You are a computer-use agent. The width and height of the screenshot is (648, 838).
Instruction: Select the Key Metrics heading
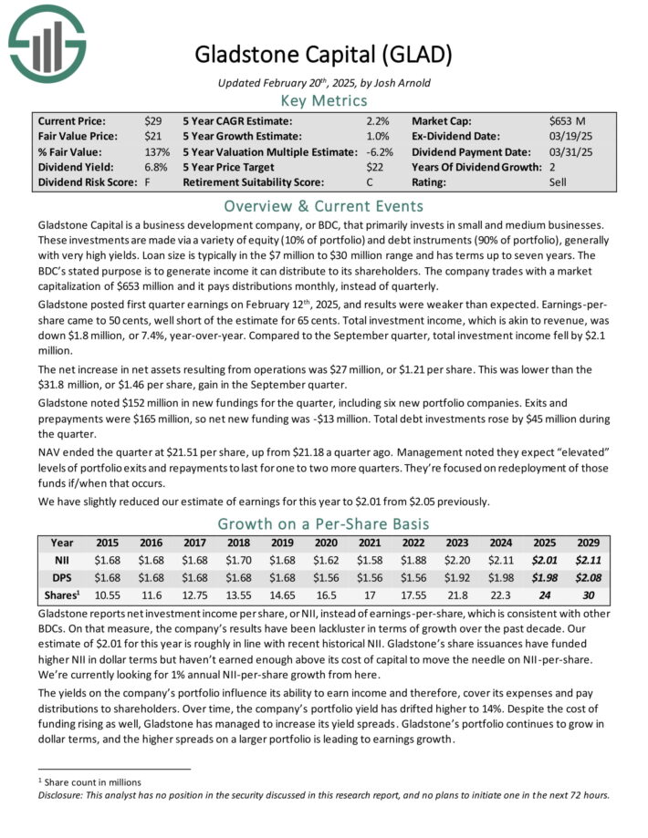click(323, 100)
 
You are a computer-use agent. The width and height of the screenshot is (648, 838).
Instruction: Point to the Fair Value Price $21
click(152, 136)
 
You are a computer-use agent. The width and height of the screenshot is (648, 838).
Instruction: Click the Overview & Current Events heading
click(323, 205)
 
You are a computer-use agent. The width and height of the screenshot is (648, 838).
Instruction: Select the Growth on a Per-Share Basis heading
click(323, 523)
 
